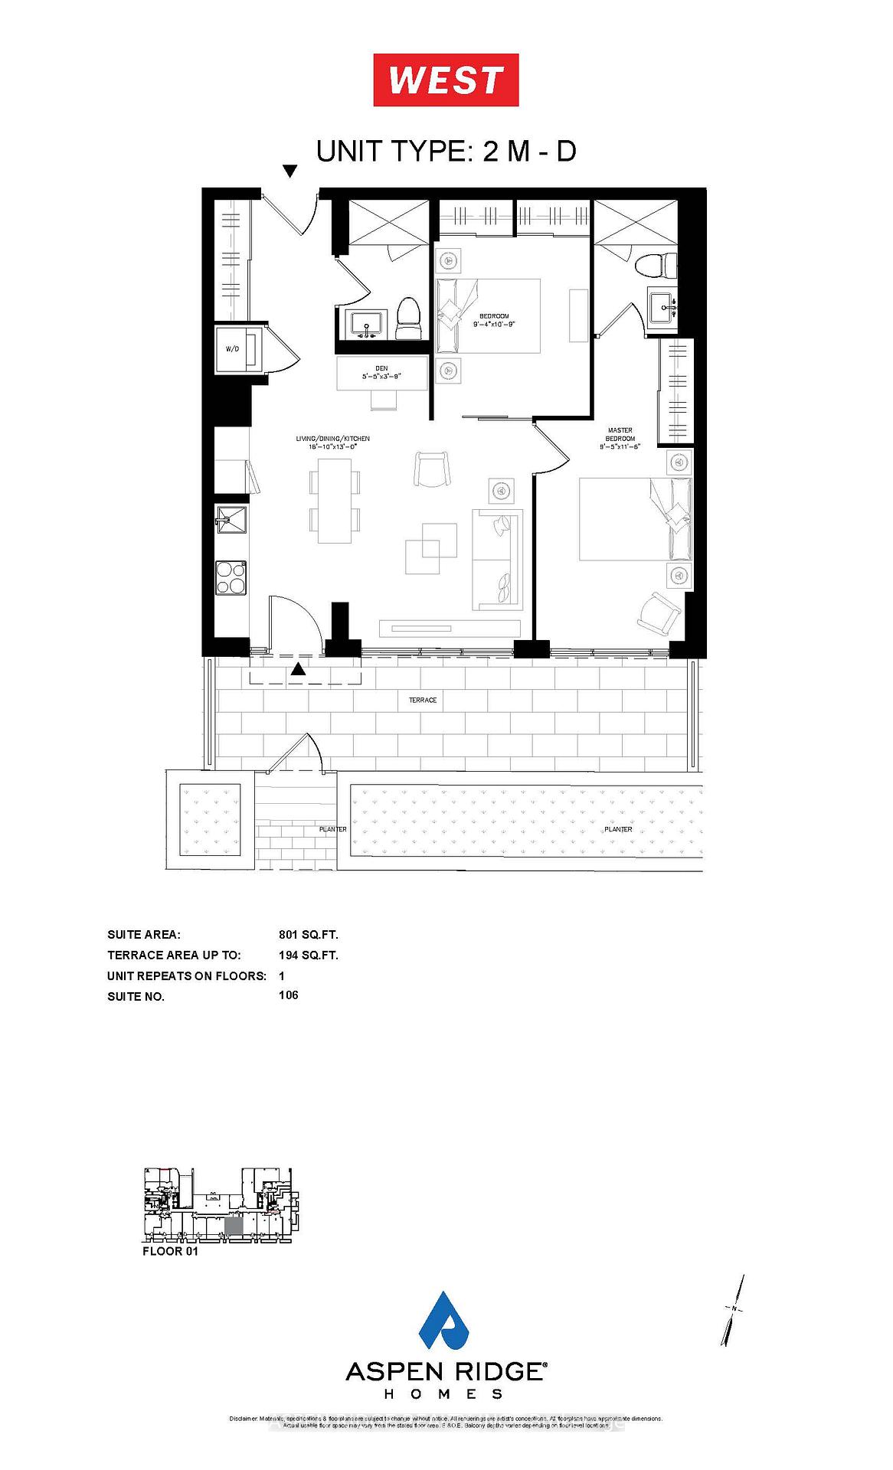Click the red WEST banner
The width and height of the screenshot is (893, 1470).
click(x=446, y=80)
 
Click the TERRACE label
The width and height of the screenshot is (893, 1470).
click(x=423, y=700)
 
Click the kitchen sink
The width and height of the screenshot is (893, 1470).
click(x=231, y=521)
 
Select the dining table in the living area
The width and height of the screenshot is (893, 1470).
click(x=334, y=501)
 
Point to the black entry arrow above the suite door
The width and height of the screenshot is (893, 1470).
click(x=289, y=171)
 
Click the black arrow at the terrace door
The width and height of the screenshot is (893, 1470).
click(x=298, y=669)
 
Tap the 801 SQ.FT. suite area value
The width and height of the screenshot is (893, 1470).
click(x=309, y=935)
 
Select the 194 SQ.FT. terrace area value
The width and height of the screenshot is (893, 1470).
click(x=309, y=955)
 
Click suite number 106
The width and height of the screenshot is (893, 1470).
click(x=289, y=995)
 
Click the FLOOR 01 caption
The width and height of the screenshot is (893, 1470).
click(x=170, y=1251)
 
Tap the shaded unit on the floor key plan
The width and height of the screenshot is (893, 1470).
click(x=234, y=1224)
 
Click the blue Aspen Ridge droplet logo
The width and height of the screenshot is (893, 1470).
click(x=446, y=1320)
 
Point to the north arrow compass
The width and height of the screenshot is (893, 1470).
click(x=733, y=1310)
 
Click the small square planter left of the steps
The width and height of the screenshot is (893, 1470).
click(x=209, y=820)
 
